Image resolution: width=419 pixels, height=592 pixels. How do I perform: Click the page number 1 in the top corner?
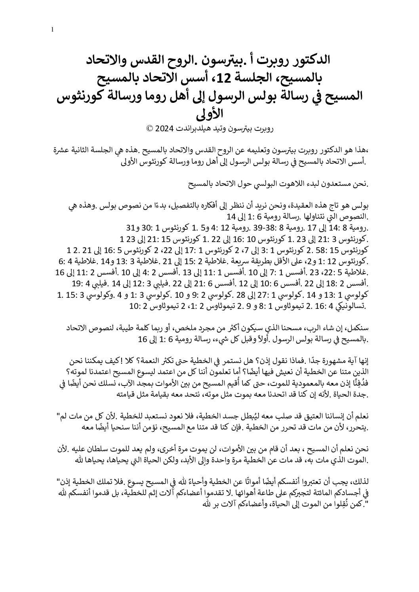[53, 30]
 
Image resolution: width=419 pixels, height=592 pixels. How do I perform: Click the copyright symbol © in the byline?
[150, 129]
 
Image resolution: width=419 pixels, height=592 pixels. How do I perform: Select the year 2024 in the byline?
[162, 129]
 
